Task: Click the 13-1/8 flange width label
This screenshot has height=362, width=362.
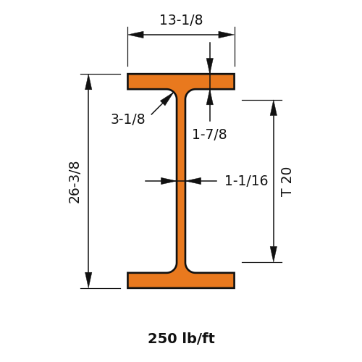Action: point(181,20)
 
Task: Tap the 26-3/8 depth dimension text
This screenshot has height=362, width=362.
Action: point(74,182)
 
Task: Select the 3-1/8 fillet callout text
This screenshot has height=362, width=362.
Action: point(128,119)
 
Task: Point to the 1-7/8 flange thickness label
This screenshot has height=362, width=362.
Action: point(209,134)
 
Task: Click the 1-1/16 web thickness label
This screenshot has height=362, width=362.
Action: point(246,180)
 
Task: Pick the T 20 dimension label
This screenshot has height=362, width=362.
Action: point(287,182)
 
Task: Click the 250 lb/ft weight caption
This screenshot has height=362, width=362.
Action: point(181,338)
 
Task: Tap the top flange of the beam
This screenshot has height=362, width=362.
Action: point(181,82)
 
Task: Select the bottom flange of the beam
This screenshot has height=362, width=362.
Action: point(181,280)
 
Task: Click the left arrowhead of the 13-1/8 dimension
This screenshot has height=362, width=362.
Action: point(136,35)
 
